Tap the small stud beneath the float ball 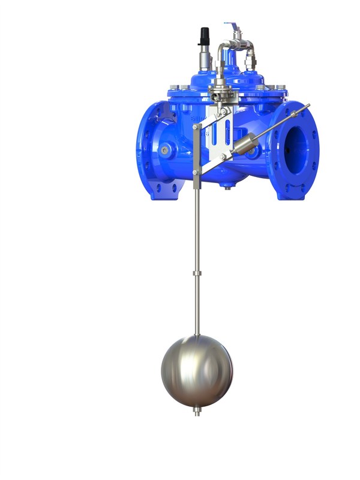196,412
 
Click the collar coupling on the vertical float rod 196,274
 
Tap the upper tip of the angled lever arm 307,107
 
